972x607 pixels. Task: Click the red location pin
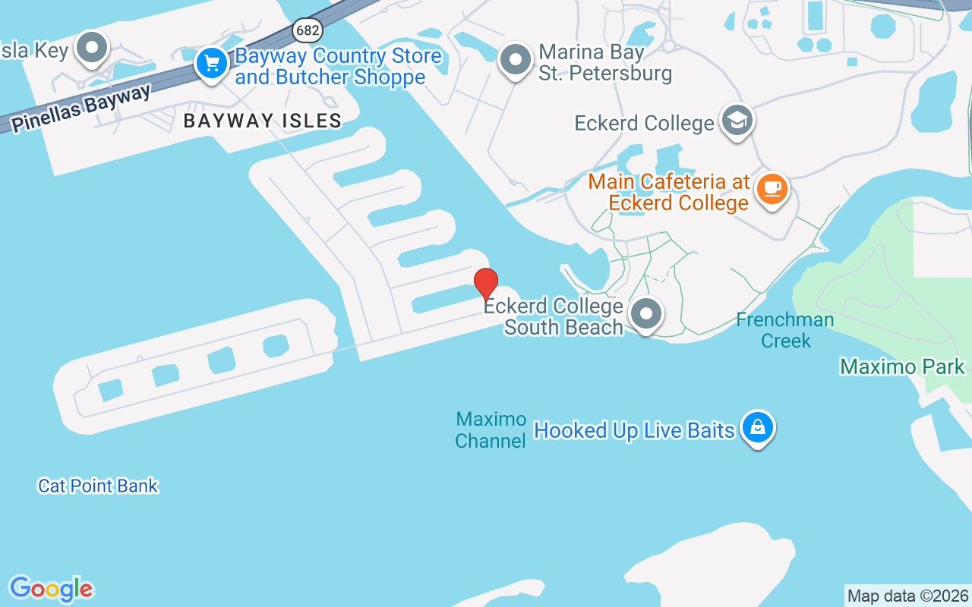pos(486,283)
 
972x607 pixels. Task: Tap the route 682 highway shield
pos(307,30)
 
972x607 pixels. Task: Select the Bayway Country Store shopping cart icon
pos(211,62)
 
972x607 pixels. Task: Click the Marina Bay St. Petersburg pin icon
pos(516,59)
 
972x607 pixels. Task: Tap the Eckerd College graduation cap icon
pos(737,120)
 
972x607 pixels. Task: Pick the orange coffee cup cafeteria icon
pos(772,187)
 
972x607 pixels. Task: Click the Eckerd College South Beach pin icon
pos(646,313)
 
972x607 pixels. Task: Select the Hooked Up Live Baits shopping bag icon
pos(757,427)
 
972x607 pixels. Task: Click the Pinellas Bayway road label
pos(81,109)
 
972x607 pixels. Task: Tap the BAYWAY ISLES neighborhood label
pos(263,121)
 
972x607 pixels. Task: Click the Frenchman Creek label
pos(785,330)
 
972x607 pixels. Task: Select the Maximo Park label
pos(902,367)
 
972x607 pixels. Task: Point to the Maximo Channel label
pos(491,429)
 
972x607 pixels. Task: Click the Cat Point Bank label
pos(98,486)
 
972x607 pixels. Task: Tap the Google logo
pos(51,589)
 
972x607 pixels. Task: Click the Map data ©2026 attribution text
pos(907,596)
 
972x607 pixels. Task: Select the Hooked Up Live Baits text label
pos(634,430)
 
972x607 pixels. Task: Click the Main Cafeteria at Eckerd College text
pos(668,193)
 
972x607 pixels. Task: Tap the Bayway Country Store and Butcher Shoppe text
pos(338,67)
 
